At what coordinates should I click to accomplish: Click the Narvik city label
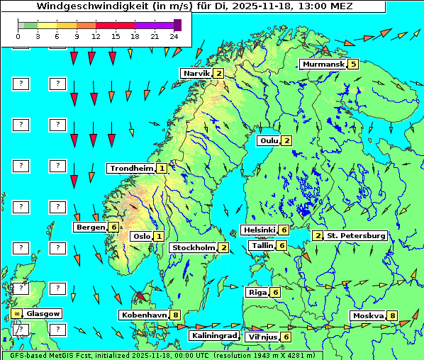[x=197, y=73]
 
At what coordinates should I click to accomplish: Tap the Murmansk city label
[x=323, y=64]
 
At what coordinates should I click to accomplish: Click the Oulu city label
[x=268, y=140]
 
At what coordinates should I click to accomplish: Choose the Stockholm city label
[x=194, y=247]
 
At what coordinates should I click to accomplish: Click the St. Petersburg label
[x=355, y=235]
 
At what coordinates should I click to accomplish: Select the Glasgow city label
[x=43, y=313]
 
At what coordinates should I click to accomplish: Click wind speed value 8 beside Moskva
[x=392, y=315]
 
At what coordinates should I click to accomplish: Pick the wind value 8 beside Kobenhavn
[x=175, y=315]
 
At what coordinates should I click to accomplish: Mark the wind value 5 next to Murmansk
[x=352, y=64]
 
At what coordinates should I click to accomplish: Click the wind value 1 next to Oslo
[x=159, y=236]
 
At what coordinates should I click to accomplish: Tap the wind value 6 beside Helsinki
[x=284, y=230]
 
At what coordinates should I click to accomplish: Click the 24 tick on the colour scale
[x=174, y=35]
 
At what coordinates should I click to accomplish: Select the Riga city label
[x=256, y=292]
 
